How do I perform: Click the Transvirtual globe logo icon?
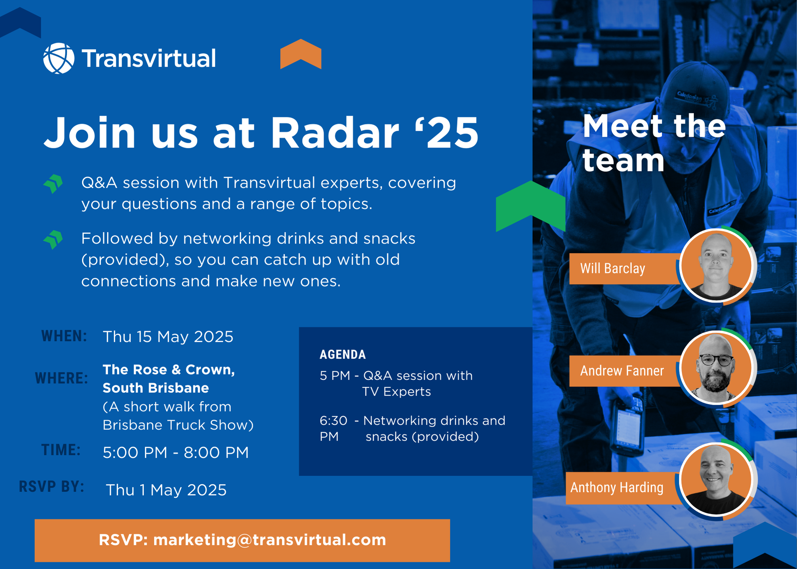pos(59,58)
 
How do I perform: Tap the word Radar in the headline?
pos(335,132)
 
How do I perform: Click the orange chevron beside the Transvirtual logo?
pos(301,54)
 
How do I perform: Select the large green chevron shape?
pos(530,206)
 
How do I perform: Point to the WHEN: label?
pos(64,336)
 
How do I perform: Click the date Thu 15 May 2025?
pos(168,337)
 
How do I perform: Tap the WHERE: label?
pos(61,378)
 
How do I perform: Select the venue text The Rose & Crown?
pos(169,370)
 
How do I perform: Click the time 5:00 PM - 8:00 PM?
pos(176,453)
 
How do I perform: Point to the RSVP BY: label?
pos(52,487)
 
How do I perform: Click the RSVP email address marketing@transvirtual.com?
pos(270,540)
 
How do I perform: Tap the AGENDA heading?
pos(343,354)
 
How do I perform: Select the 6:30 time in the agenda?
pos(334,420)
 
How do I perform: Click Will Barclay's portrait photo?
pos(716,265)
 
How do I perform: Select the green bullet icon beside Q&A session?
pos(53,184)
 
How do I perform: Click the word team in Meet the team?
pos(623,161)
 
